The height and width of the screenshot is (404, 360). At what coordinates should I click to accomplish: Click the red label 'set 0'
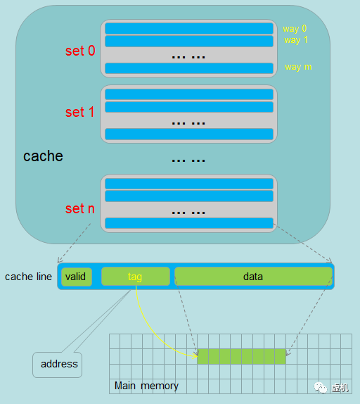click(x=79, y=51)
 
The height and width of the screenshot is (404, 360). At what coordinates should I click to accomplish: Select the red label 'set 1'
click(x=79, y=113)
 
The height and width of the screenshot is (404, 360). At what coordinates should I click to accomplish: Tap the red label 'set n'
click(x=79, y=208)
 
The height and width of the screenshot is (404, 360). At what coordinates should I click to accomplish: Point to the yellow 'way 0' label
click(x=295, y=29)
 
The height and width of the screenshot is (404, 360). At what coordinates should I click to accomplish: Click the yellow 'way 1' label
click(x=296, y=40)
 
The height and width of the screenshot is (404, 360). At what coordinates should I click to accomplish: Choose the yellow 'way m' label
click(x=298, y=67)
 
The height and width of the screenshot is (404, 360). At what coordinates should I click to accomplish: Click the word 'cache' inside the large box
click(x=43, y=156)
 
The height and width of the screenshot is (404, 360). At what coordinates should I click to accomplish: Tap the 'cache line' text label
click(x=28, y=277)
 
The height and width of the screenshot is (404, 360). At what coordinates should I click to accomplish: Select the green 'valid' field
click(x=76, y=277)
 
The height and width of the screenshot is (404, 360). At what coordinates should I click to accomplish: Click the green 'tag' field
click(x=136, y=277)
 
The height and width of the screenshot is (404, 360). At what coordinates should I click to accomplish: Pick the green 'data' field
click(x=253, y=277)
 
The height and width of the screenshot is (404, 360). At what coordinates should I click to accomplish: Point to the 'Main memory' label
click(x=146, y=386)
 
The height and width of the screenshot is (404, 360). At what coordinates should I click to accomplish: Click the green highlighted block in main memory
click(x=242, y=356)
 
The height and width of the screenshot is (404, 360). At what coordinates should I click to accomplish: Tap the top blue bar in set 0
click(x=188, y=29)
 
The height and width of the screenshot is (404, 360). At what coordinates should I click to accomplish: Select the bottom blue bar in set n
click(x=188, y=223)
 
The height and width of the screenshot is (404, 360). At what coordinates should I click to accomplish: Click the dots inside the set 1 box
click(x=188, y=122)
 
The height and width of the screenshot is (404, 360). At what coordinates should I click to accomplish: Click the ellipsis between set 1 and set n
click(x=188, y=160)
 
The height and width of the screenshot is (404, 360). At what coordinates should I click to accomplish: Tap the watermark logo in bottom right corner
click(x=321, y=387)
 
